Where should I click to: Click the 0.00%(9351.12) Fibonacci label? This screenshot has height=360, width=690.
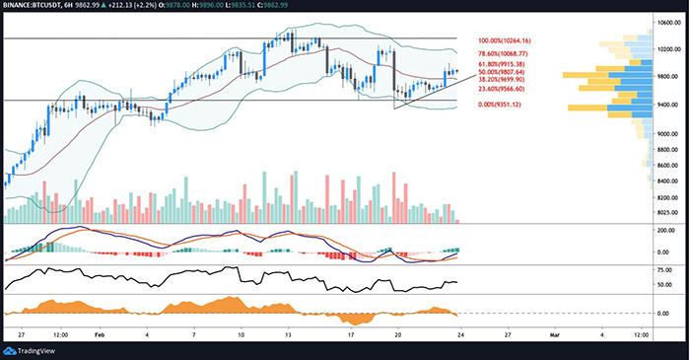click(x=503, y=105)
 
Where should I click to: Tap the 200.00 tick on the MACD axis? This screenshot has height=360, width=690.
click(x=669, y=229)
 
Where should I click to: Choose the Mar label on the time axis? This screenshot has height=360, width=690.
click(x=554, y=334)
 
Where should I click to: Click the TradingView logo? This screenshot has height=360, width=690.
click(x=34, y=350)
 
